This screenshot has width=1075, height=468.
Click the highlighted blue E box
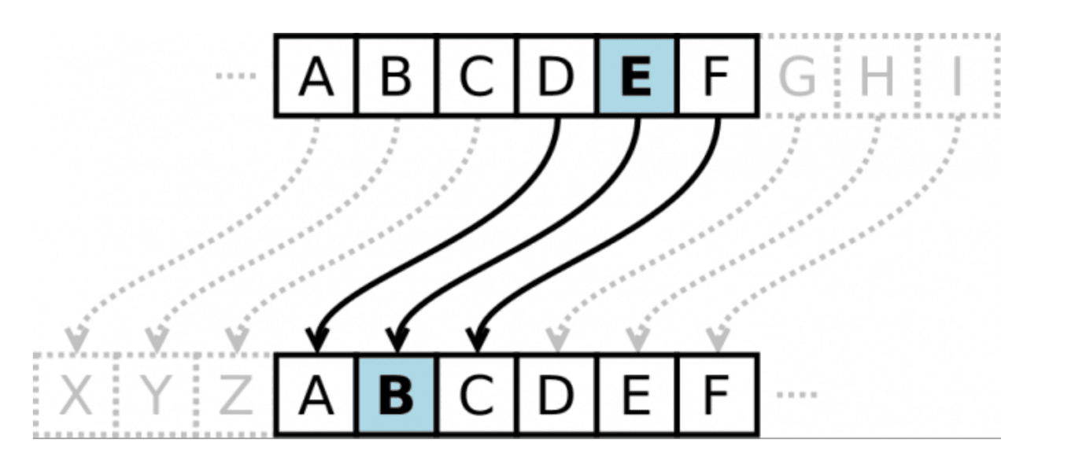[637, 76]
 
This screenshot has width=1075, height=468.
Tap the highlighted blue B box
[397, 395]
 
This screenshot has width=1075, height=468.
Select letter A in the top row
[316, 77]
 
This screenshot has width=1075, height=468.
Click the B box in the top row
[396, 76]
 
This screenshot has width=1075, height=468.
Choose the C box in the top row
[476, 76]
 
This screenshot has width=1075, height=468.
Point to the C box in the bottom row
[476, 395]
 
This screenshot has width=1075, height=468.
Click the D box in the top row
[556, 76]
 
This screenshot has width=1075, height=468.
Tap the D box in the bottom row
[556, 395]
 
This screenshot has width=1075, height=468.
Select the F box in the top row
[716, 76]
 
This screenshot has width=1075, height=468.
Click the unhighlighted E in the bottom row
[637, 395]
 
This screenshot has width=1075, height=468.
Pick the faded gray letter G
[796, 76]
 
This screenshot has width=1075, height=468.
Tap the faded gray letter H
[877, 76]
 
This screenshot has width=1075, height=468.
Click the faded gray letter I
[957, 76]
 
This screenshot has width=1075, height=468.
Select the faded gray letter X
[76, 396]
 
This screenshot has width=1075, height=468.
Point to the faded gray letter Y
[156, 396]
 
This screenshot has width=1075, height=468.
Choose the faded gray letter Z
[236, 396]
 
